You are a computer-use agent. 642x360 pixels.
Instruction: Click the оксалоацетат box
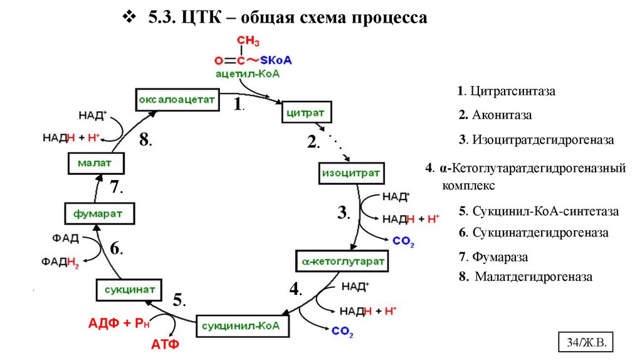pyautogui.click(x=177, y=99)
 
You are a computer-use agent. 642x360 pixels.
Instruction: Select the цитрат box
pyautogui.click(x=305, y=113)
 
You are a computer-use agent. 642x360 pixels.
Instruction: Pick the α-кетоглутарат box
pyautogui.click(x=342, y=260)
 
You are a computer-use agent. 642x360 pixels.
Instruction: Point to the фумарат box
pyautogui.click(x=100, y=213)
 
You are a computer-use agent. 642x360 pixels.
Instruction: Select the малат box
pyautogui.click(x=95, y=164)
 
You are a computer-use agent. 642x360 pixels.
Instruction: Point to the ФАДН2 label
pyautogui.click(x=60, y=262)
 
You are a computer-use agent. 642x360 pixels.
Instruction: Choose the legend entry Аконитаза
pyautogui.click(x=495, y=115)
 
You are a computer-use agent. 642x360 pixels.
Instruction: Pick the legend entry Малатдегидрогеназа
pyautogui.click(x=525, y=277)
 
